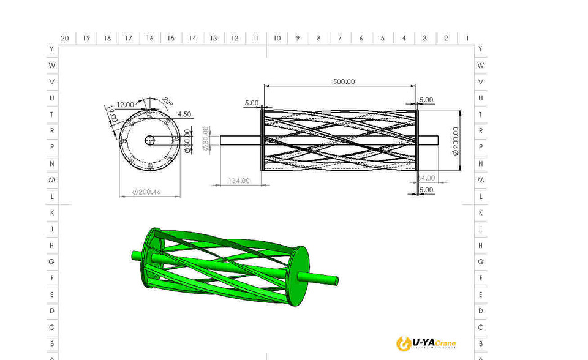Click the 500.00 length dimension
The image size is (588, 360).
pyautogui.click(x=344, y=81)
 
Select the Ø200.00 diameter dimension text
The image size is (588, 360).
pyautogui.click(x=455, y=141)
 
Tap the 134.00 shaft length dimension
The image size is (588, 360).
pyautogui.click(x=238, y=181)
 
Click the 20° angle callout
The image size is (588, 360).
pyautogui.click(x=168, y=101)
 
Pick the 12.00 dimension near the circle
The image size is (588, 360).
pyautogui.click(x=125, y=104)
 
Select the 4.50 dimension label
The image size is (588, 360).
pyautogui.click(x=184, y=114)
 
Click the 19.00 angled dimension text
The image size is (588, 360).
pyautogui.click(x=111, y=113)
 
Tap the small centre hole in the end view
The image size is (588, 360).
pyautogui.click(x=149, y=140)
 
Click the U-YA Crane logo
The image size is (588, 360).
pyautogui.click(x=426, y=343)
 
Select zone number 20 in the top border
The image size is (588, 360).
pyautogui.click(x=64, y=38)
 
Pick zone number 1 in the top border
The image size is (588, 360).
pyautogui.click(x=467, y=38)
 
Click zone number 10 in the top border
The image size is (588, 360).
pyautogui.click(x=277, y=38)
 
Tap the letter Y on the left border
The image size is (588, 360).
pyautogui.click(x=51, y=48)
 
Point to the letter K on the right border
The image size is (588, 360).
pyautogui.click(x=481, y=212)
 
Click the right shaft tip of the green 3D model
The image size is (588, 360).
pyautogui.click(x=335, y=281)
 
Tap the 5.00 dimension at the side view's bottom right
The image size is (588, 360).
pyautogui.click(x=426, y=190)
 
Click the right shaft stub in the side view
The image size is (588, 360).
pyautogui.click(x=428, y=140)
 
